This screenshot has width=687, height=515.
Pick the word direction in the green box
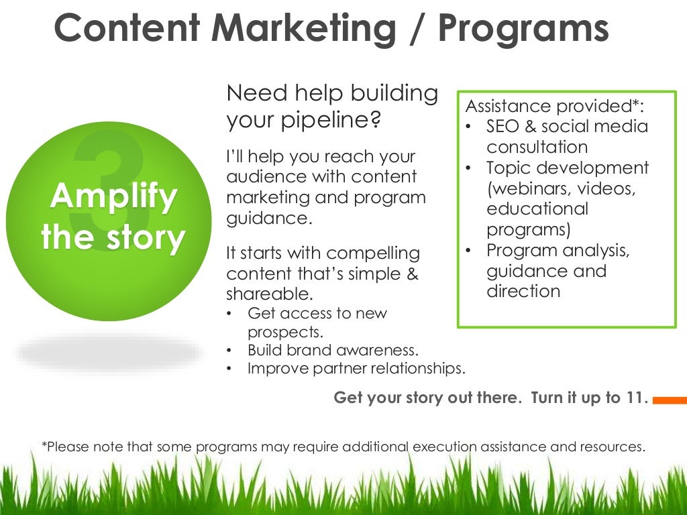pyautogui.click(x=523, y=291)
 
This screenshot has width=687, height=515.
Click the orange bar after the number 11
pyautogui.click(x=670, y=400)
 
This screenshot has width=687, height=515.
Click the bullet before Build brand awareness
pyautogui.click(x=230, y=351)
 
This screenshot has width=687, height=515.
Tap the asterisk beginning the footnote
pyautogui.click(x=44, y=445)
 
